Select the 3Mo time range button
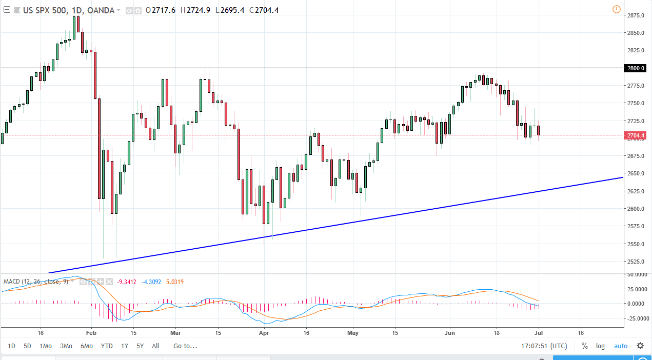tap(66, 346)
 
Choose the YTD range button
tap(107, 346)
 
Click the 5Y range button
tap(140, 346)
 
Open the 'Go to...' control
tap(185, 346)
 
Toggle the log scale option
tap(600, 346)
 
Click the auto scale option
tap(621, 346)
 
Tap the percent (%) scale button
tap(584, 346)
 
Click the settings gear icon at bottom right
tap(640, 346)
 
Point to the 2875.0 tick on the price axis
tap(637, 15)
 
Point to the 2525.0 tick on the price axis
tap(637, 262)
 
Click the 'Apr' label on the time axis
tap(264, 332)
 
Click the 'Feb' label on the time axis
tap(91, 332)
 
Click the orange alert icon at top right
tap(616, 9)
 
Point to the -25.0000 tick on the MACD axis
tap(637, 318)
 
